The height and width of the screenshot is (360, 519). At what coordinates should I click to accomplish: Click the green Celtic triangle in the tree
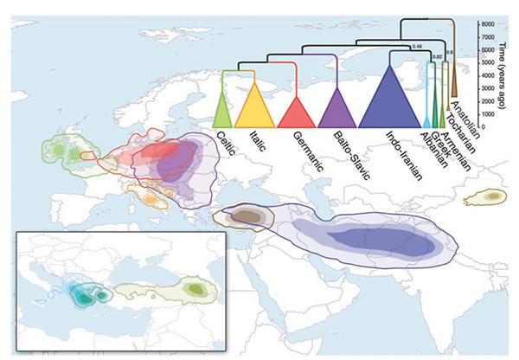click(222, 112)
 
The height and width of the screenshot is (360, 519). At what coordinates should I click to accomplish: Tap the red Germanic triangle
click(295, 111)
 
